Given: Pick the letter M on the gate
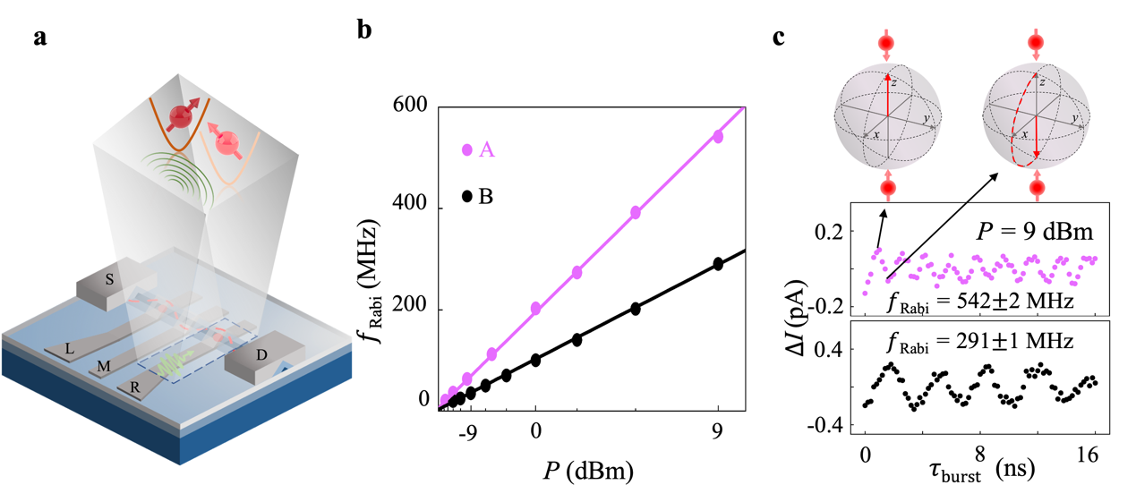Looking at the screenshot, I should tap(103, 367).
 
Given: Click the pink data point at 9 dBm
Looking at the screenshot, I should tap(718, 136).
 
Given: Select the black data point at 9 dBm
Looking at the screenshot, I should tap(718, 264).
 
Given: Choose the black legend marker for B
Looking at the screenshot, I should tap(466, 196).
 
